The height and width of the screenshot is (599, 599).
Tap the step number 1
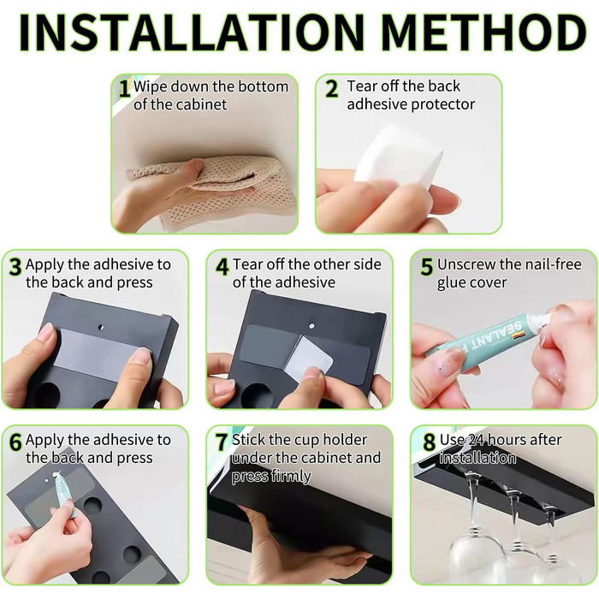124,89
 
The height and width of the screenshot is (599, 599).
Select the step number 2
332,89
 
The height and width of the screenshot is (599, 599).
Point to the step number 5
427,267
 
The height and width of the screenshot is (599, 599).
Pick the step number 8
430,442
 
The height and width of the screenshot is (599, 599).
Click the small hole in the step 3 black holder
101,328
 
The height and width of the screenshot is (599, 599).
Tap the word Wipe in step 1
150,87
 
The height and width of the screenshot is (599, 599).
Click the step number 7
222,442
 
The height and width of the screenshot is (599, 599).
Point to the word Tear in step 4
246,264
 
